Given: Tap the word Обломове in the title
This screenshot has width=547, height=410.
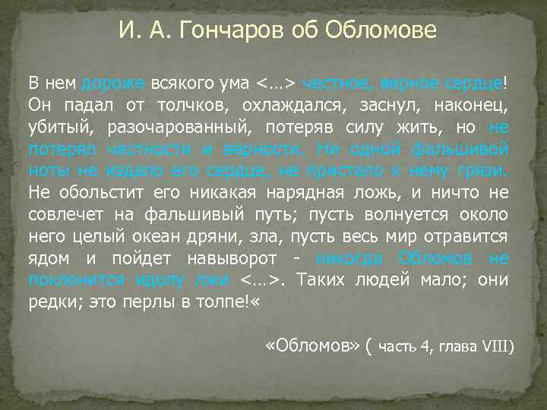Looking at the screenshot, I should point(381,31).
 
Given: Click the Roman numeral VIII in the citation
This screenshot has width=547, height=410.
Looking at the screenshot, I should point(498,348).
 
